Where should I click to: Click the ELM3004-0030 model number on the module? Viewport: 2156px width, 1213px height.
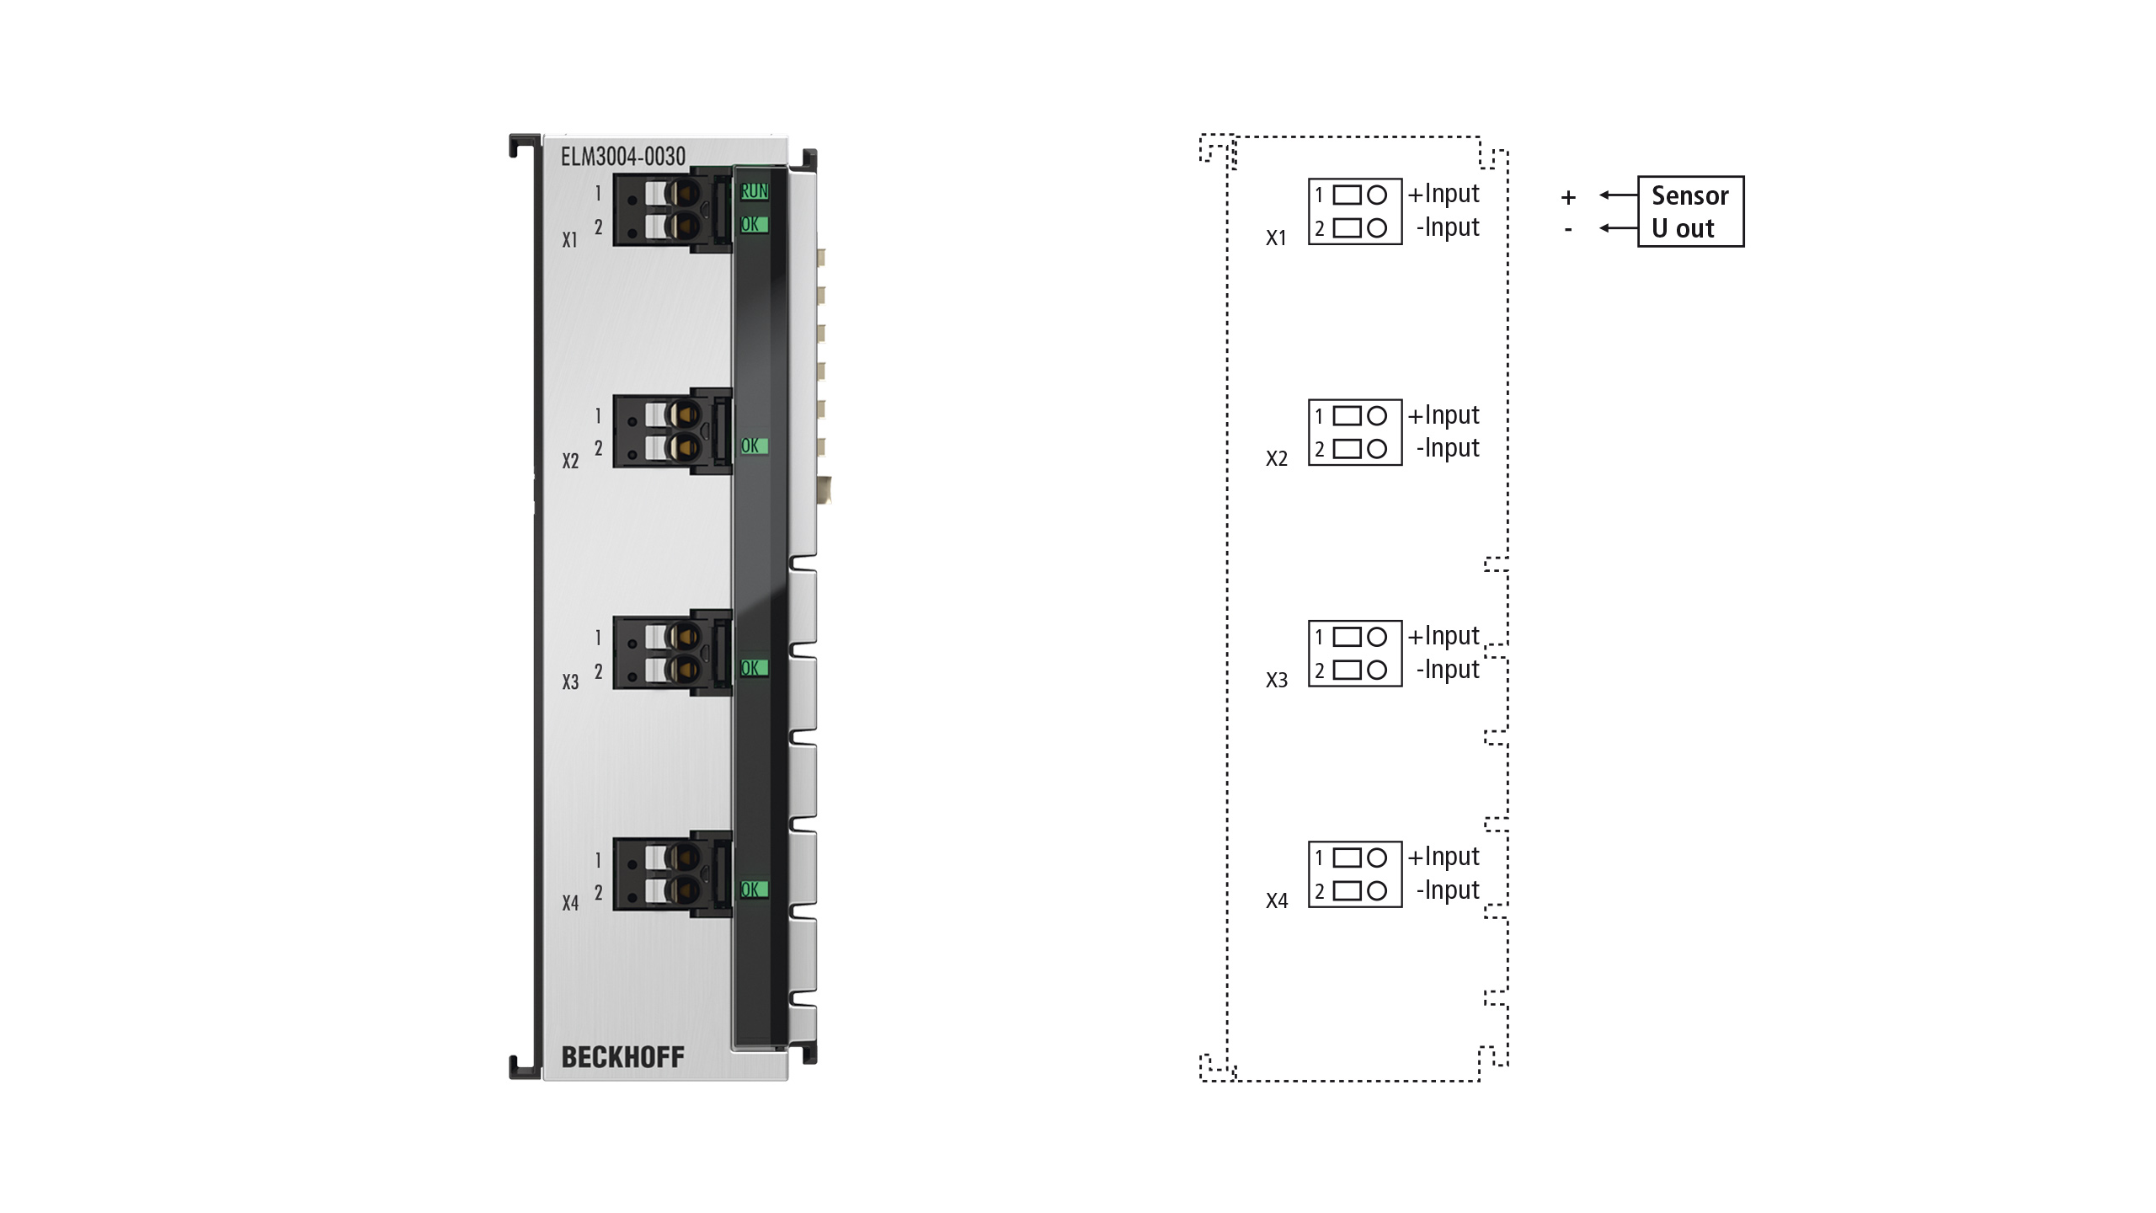coord(623,157)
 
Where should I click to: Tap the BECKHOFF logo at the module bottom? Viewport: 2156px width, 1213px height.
coord(622,1057)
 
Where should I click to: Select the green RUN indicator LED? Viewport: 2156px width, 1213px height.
coord(754,192)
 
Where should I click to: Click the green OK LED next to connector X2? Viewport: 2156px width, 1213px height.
coord(754,446)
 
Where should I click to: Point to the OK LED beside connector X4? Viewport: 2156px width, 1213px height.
coord(754,890)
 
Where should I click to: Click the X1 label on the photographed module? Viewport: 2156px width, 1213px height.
coord(570,240)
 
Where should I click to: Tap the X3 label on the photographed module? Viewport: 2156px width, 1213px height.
coord(570,681)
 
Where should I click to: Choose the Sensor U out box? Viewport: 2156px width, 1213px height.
coord(1690,211)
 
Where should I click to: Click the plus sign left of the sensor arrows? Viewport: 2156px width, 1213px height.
coord(1568,197)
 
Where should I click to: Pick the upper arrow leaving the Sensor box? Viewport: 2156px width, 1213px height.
coord(1618,195)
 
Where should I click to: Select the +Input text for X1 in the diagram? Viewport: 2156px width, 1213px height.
coord(1444,195)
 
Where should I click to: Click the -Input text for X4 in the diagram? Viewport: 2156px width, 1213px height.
coord(1448,890)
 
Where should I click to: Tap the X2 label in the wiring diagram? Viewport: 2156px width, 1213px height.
coord(1277,458)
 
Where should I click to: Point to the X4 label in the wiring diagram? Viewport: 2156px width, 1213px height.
coord(1277,900)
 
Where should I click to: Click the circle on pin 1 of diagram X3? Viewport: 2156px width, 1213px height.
coord(1377,637)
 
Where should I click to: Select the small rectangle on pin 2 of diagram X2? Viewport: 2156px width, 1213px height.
coord(1347,449)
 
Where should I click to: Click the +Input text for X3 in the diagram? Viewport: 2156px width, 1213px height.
coord(1444,637)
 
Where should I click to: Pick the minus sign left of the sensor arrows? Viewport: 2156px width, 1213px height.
coord(1568,229)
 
